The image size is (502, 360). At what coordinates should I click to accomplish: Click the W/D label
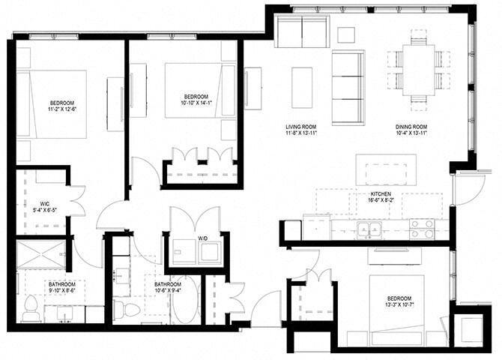click(x=203, y=239)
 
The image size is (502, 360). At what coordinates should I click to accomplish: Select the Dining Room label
click(x=411, y=127)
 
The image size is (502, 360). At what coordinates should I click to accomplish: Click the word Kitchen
click(x=379, y=193)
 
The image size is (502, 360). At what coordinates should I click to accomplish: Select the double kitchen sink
click(x=369, y=229)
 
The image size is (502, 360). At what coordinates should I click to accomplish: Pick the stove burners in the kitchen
click(x=422, y=229)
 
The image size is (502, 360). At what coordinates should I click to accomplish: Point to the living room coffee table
click(x=302, y=84)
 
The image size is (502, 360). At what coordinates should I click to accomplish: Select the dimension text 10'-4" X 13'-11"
click(x=411, y=135)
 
